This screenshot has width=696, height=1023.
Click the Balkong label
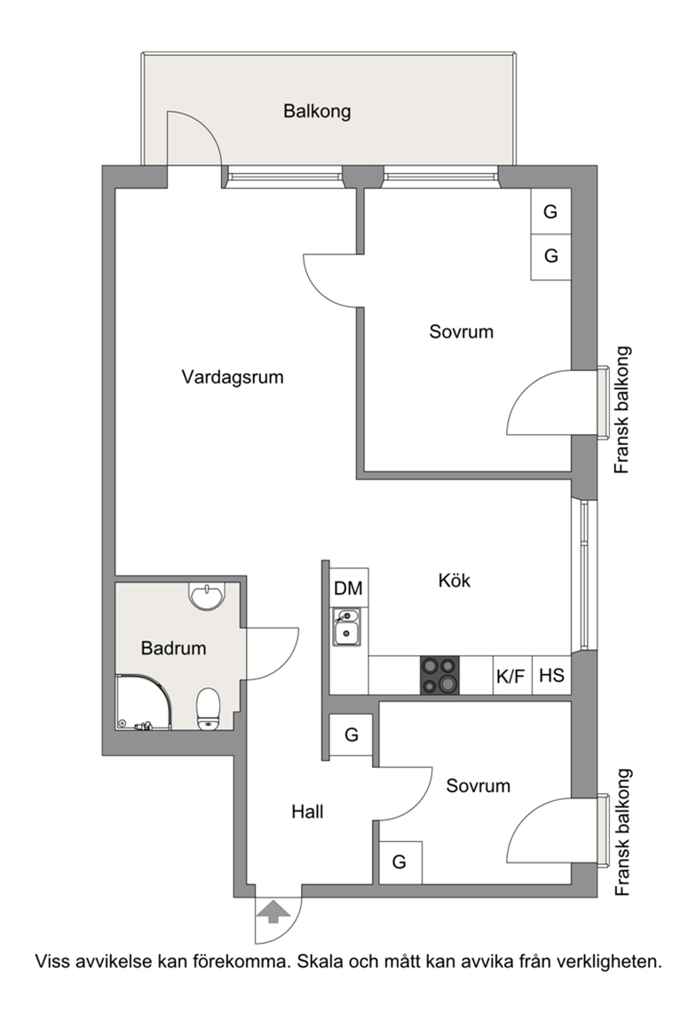(317, 111)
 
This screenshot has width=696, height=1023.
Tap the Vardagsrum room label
(233, 377)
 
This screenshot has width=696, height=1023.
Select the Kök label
(454, 580)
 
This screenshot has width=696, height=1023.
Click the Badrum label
(173, 648)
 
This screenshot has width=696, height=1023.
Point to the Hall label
(307, 812)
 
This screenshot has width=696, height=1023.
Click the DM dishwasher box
(349, 588)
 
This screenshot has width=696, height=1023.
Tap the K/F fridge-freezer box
(511, 675)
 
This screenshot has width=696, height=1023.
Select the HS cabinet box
(552, 675)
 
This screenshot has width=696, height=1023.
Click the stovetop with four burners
(439, 675)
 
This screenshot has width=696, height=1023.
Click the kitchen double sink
(345, 627)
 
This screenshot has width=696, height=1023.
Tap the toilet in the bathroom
(208, 708)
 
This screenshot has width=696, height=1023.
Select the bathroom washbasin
(206, 593)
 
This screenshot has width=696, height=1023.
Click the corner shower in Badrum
(144, 702)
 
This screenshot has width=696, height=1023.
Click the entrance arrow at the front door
(273, 911)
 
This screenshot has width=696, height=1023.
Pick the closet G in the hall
(351, 735)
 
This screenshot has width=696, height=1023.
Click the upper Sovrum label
(461, 331)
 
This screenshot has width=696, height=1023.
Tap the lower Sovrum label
(478, 786)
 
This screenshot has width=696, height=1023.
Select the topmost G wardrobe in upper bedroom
(550, 211)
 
